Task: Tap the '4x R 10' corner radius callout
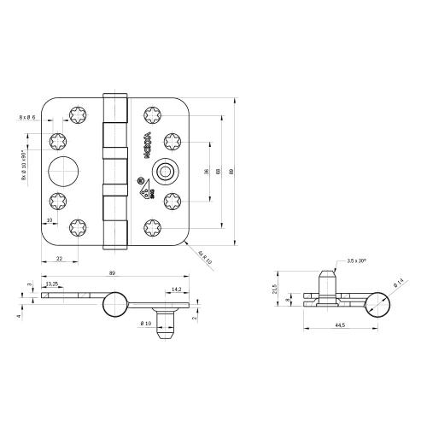tap(203, 256)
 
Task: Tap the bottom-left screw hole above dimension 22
tap(75, 228)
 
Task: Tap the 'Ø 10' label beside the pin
tap(145, 323)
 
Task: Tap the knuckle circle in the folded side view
tap(377, 303)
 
